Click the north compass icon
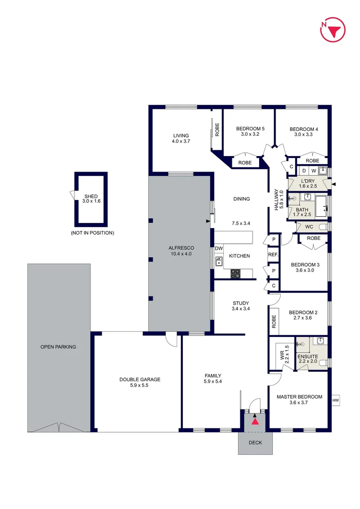pyautogui.click(x=333, y=30)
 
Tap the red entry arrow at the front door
pyautogui.click(x=255, y=421)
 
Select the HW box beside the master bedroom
pyautogui.click(x=335, y=400)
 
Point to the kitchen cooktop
pyautogui.click(x=236, y=273)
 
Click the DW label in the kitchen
pyautogui.click(x=219, y=248)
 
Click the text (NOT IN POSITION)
pyautogui.click(x=92, y=233)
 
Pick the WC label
pyautogui.click(x=309, y=227)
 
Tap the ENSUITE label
pyautogui.click(x=308, y=357)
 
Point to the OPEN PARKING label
pyautogui.click(x=58, y=347)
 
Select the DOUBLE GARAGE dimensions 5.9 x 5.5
pyautogui.click(x=139, y=385)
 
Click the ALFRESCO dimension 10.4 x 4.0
pyautogui.click(x=182, y=254)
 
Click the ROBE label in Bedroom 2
pyautogui.click(x=274, y=321)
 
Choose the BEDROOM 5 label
pyautogui.click(x=250, y=129)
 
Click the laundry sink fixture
pyautogui.click(x=323, y=171)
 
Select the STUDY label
pyautogui.click(x=241, y=303)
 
